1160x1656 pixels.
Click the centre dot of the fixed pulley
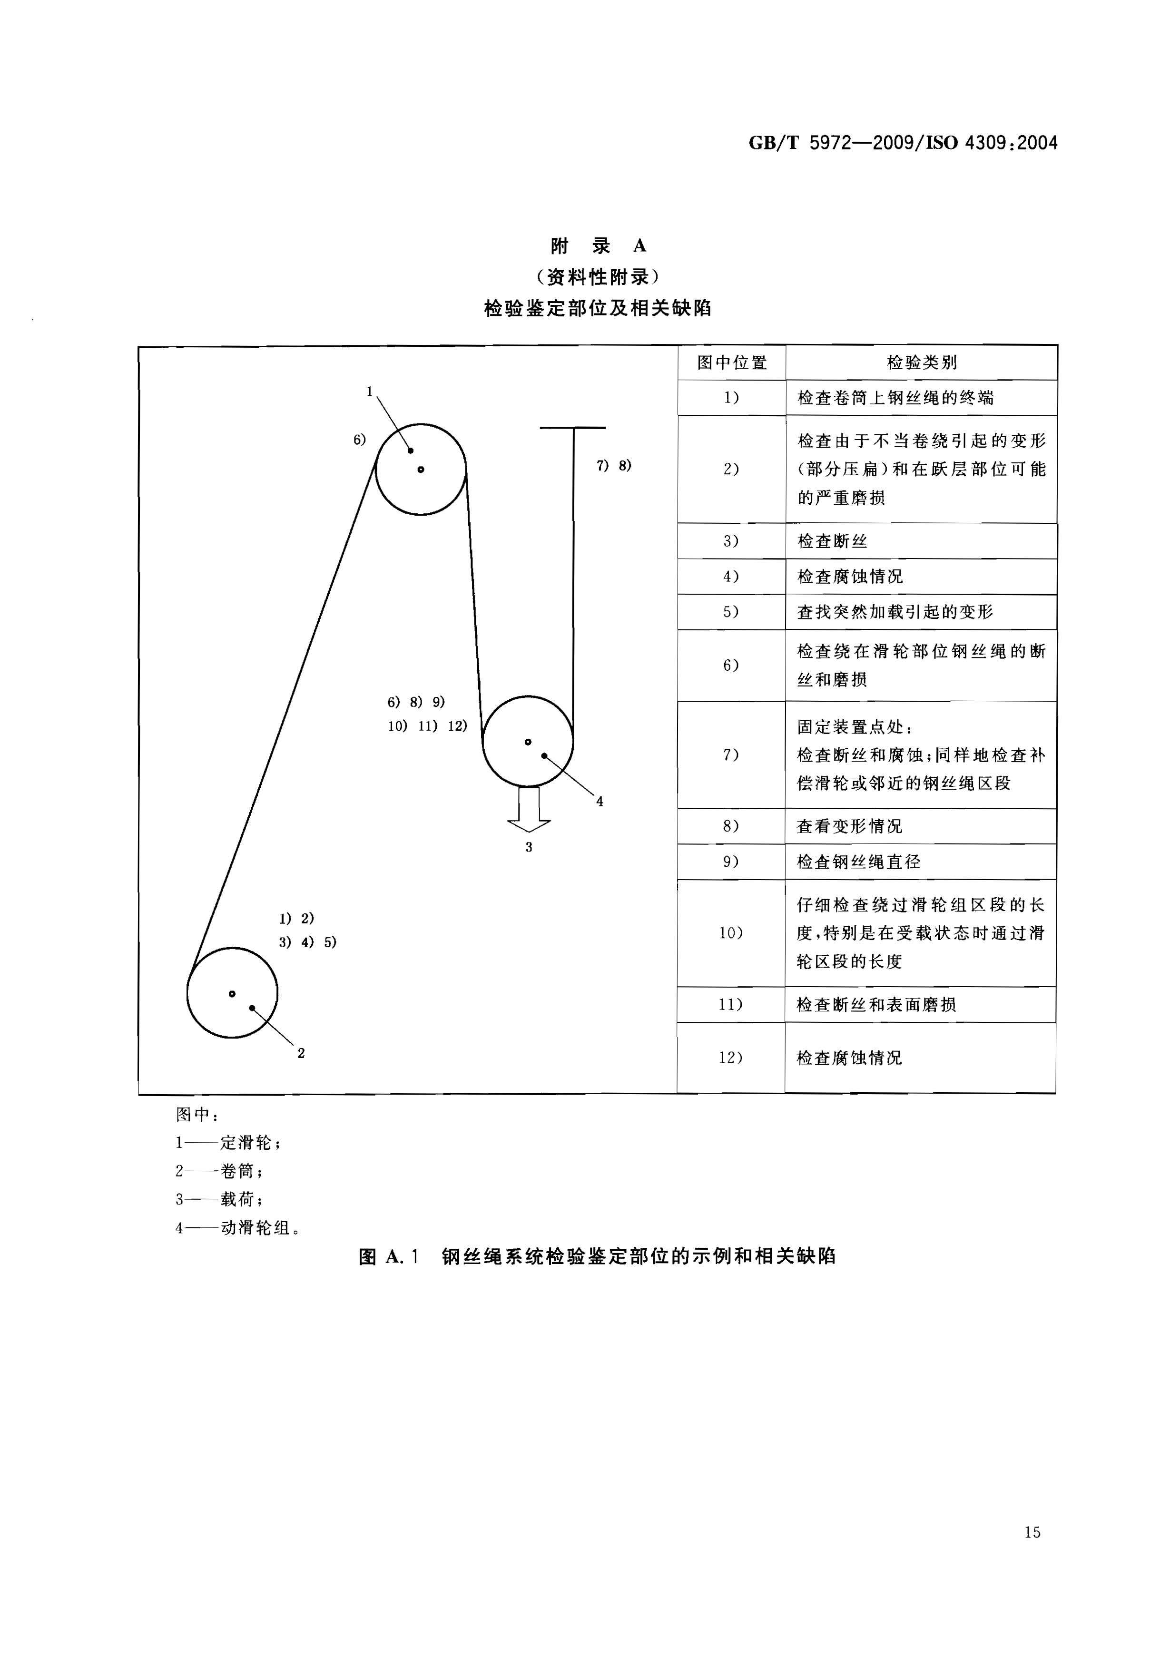click(x=421, y=470)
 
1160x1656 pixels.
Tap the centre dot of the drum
click(x=232, y=993)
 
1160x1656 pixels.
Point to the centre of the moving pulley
click(x=528, y=742)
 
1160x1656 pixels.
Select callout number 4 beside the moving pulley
click(x=600, y=801)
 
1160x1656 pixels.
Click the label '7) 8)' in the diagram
click(x=614, y=466)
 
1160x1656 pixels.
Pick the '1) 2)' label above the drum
click(x=296, y=918)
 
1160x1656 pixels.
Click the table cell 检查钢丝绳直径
click(x=858, y=862)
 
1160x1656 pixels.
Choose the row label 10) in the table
click(x=731, y=932)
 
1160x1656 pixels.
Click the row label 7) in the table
click(x=731, y=755)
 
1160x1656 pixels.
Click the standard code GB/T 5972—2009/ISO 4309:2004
click(x=903, y=143)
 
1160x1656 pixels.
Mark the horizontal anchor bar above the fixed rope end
click(x=573, y=428)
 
